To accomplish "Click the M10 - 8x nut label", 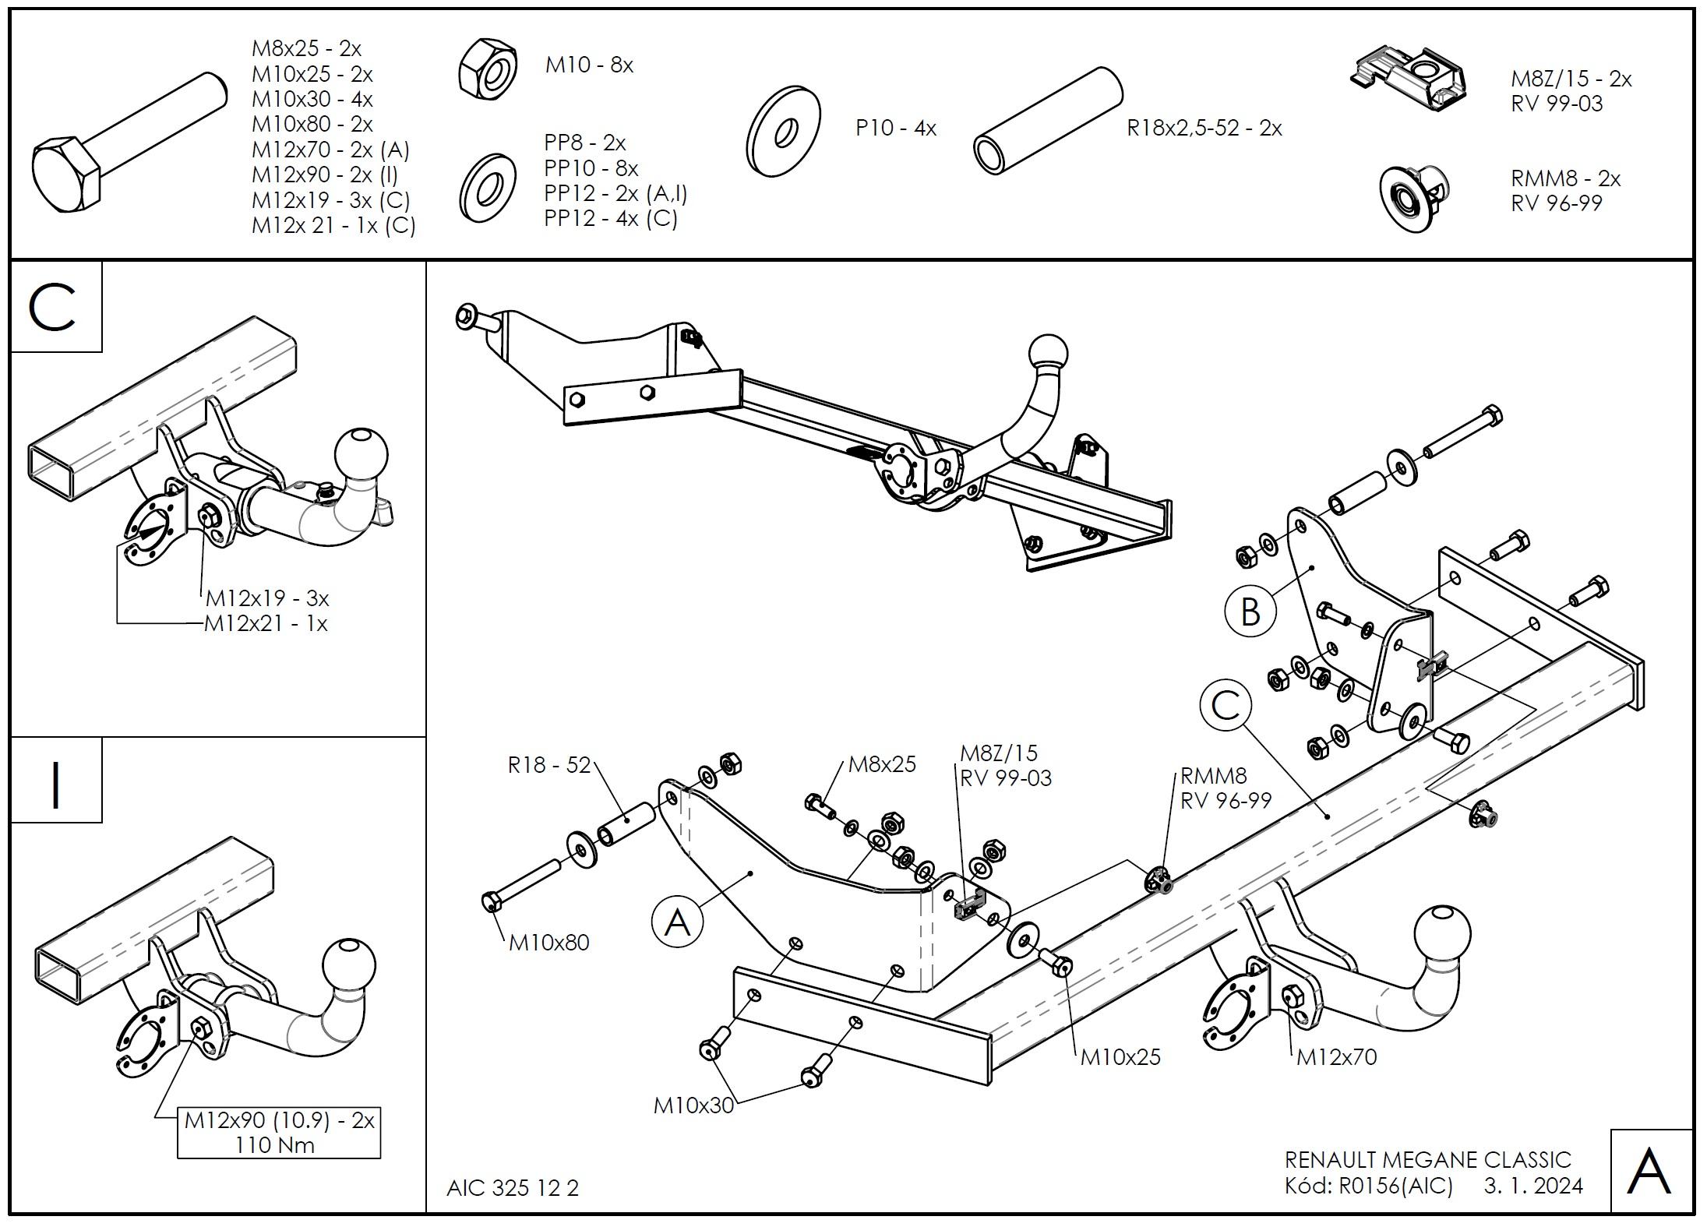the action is (589, 65).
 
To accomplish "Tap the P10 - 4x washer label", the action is (896, 128).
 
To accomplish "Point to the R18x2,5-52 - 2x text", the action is (1204, 128).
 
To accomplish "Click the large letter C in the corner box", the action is (54, 307).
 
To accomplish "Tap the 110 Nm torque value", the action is (275, 1145).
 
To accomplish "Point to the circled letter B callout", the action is (1250, 612).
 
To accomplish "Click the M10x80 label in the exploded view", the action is (548, 943).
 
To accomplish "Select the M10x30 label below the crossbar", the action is (693, 1105).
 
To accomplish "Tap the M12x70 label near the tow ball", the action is (1337, 1057).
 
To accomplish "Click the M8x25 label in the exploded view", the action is (882, 764).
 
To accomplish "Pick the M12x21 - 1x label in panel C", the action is (266, 623).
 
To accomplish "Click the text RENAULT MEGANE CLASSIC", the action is (1428, 1160).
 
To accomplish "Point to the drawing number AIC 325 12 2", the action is (513, 1188).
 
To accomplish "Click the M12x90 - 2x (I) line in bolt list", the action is (325, 175).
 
